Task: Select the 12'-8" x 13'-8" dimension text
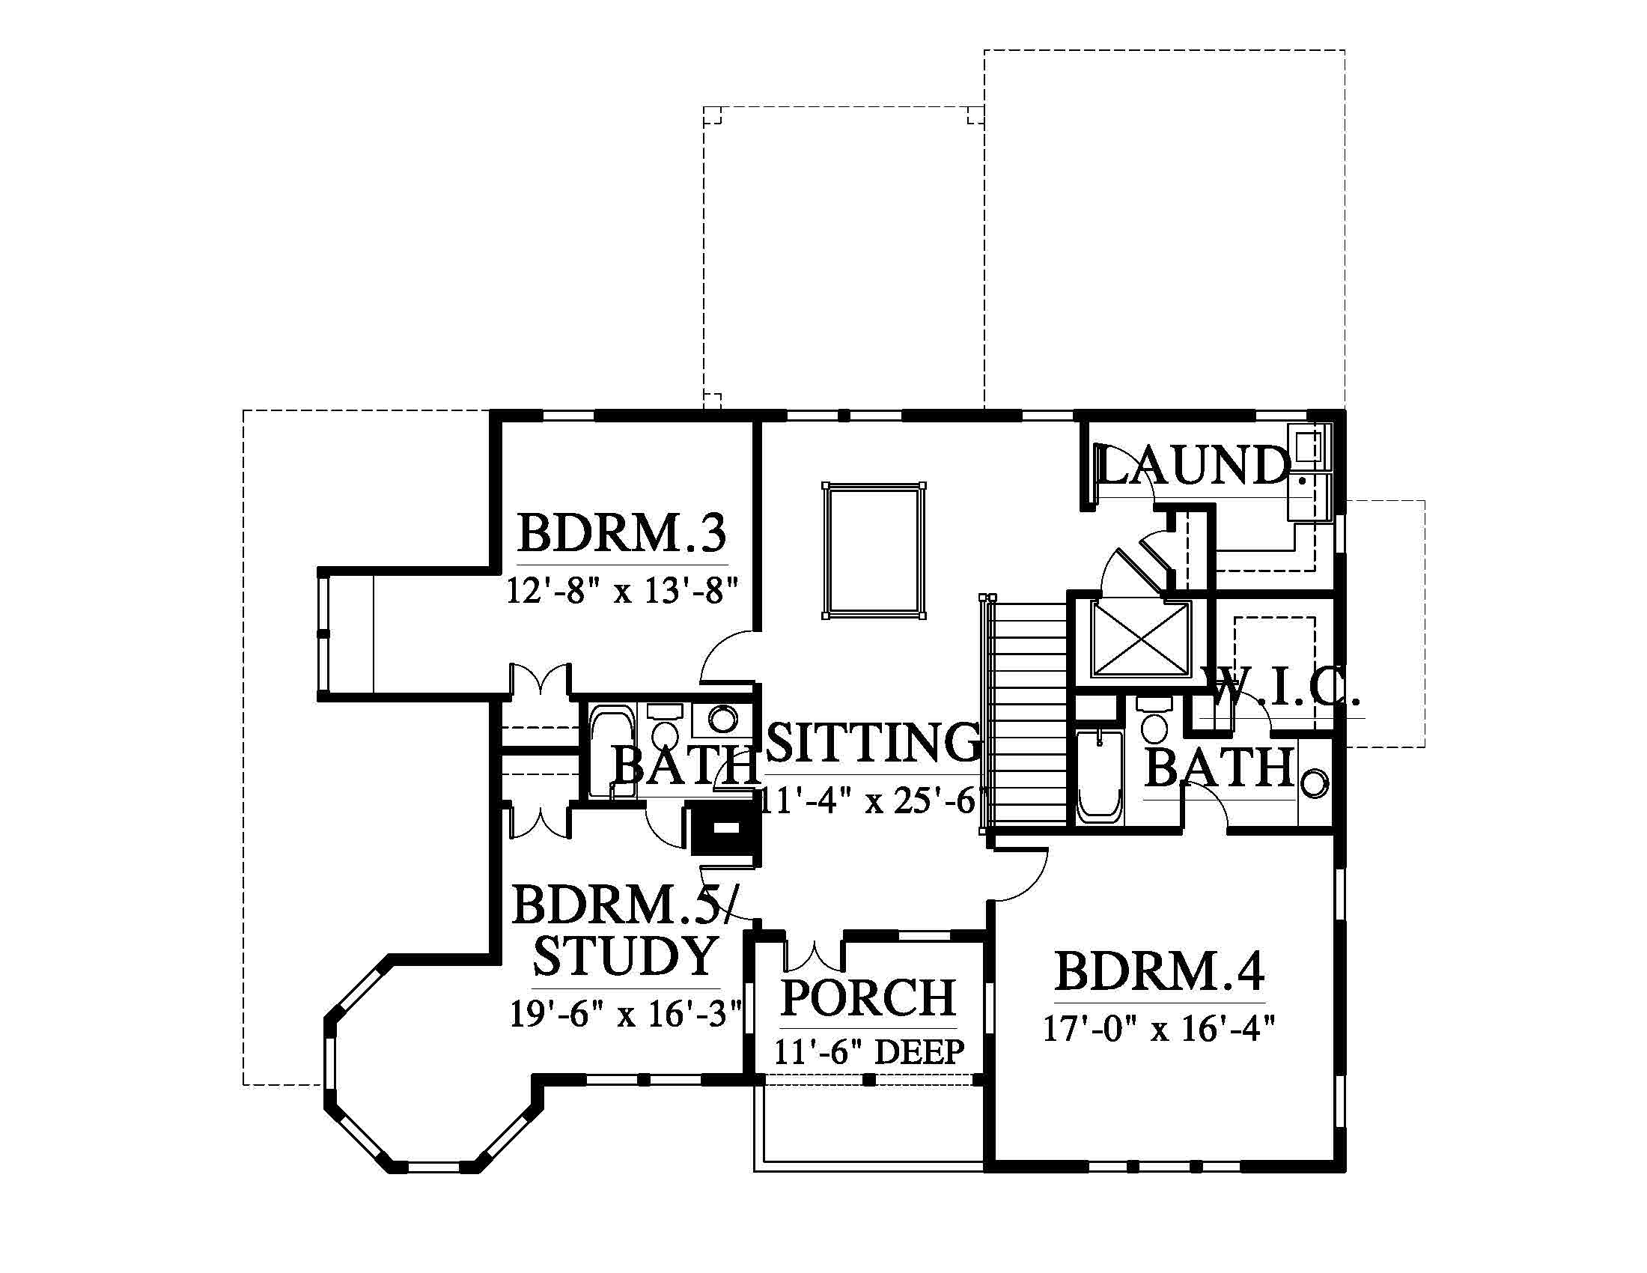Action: [622, 590]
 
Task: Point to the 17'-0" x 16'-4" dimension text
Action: [1159, 1027]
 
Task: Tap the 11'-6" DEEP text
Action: [868, 1051]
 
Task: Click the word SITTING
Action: [873, 741]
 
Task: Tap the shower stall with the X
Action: [1140, 638]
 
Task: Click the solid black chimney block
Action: [725, 828]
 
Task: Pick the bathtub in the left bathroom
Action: [612, 751]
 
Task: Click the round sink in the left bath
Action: [722, 719]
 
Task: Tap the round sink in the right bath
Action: [1314, 782]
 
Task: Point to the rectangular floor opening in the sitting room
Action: [874, 551]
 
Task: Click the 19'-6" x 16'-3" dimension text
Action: [625, 1013]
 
